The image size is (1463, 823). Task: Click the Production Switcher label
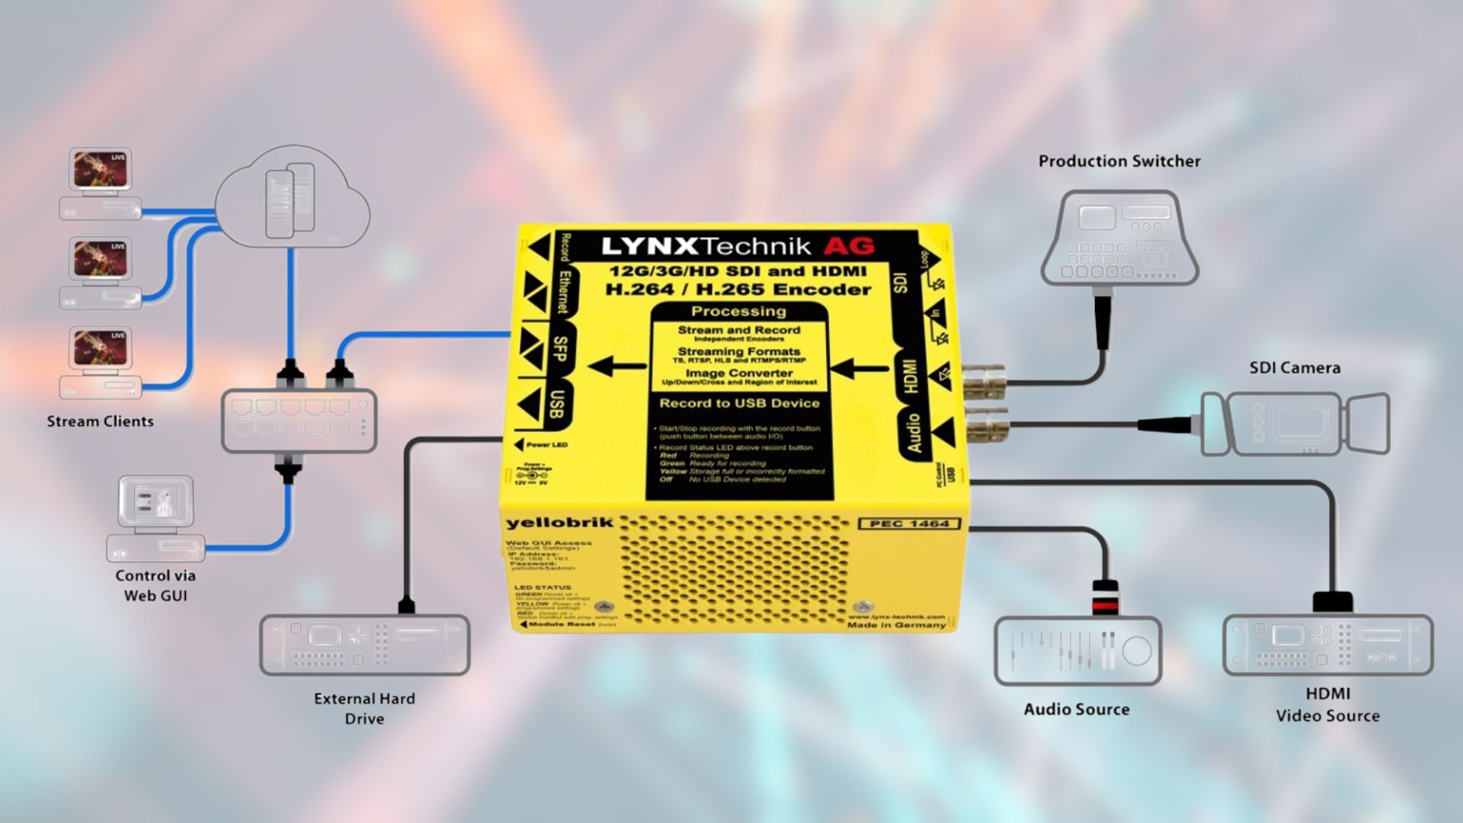click(x=1119, y=162)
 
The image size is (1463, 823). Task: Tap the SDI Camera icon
click(x=1295, y=424)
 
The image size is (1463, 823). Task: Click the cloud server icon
click(x=291, y=198)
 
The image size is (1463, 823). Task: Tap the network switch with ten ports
click(x=299, y=421)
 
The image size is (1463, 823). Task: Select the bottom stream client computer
click(x=100, y=363)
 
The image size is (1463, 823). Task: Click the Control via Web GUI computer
click(x=155, y=518)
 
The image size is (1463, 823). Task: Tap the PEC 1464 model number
click(x=909, y=524)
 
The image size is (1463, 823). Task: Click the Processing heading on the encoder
click(x=738, y=312)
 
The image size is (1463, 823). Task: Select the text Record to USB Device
click(x=739, y=403)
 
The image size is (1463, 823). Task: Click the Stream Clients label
click(x=100, y=421)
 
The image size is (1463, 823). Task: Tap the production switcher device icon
click(x=1119, y=238)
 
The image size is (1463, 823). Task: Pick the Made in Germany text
click(x=896, y=625)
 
